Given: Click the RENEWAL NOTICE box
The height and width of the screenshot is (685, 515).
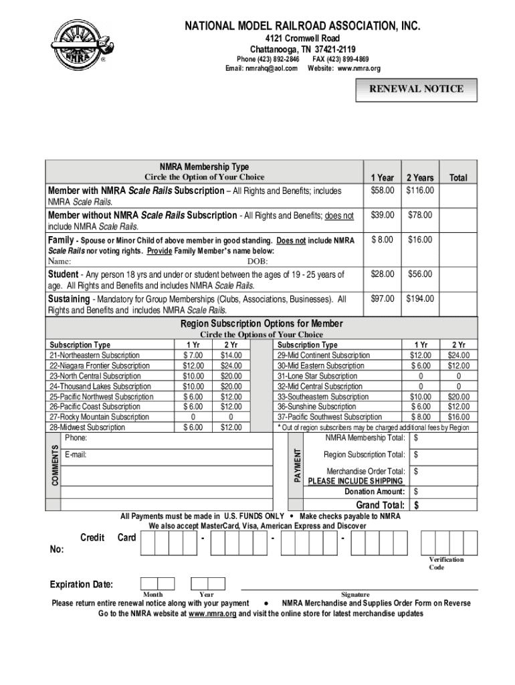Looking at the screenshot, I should (x=417, y=88).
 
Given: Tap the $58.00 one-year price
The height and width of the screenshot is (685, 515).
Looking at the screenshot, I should (x=383, y=191).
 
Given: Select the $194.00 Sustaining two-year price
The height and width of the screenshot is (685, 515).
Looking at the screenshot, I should (x=420, y=298).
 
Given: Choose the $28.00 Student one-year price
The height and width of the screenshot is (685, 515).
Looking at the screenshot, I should (x=383, y=274).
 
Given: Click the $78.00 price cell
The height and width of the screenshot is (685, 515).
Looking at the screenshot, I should (x=420, y=215).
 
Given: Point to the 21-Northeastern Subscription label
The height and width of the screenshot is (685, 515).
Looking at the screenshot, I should (x=94, y=355).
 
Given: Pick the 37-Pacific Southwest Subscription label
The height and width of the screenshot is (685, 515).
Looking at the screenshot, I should (x=330, y=417).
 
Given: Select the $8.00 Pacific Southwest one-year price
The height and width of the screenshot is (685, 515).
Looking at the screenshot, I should (x=421, y=417).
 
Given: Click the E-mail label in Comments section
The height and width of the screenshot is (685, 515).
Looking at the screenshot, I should (x=76, y=455).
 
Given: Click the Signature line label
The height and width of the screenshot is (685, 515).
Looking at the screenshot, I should (x=355, y=594).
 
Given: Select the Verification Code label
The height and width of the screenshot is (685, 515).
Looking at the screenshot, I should (x=446, y=563).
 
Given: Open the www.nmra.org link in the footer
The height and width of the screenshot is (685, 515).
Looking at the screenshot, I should (x=213, y=613).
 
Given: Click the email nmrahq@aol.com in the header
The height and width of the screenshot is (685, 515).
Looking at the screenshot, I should (x=261, y=68).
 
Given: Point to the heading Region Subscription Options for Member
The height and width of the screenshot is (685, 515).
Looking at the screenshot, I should (x=262, y=324).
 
